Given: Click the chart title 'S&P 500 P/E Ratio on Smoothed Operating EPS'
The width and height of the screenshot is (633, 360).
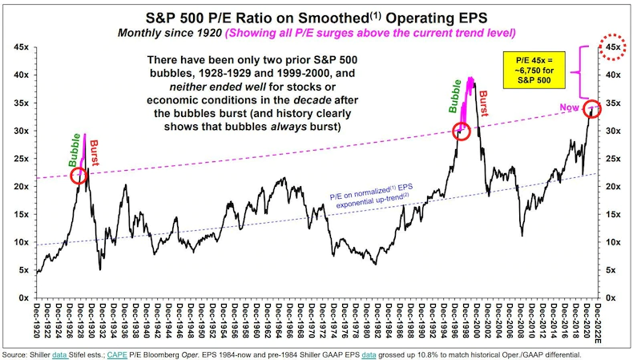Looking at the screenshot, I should pos(316,15).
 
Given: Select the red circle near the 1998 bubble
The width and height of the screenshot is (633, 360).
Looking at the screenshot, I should pos(461,132).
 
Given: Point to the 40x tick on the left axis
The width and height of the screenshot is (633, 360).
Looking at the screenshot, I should pos(22,75).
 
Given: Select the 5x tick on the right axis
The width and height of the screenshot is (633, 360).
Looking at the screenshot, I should pos(612,270).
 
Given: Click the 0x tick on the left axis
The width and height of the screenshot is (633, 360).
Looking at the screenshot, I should pos(24,298).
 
